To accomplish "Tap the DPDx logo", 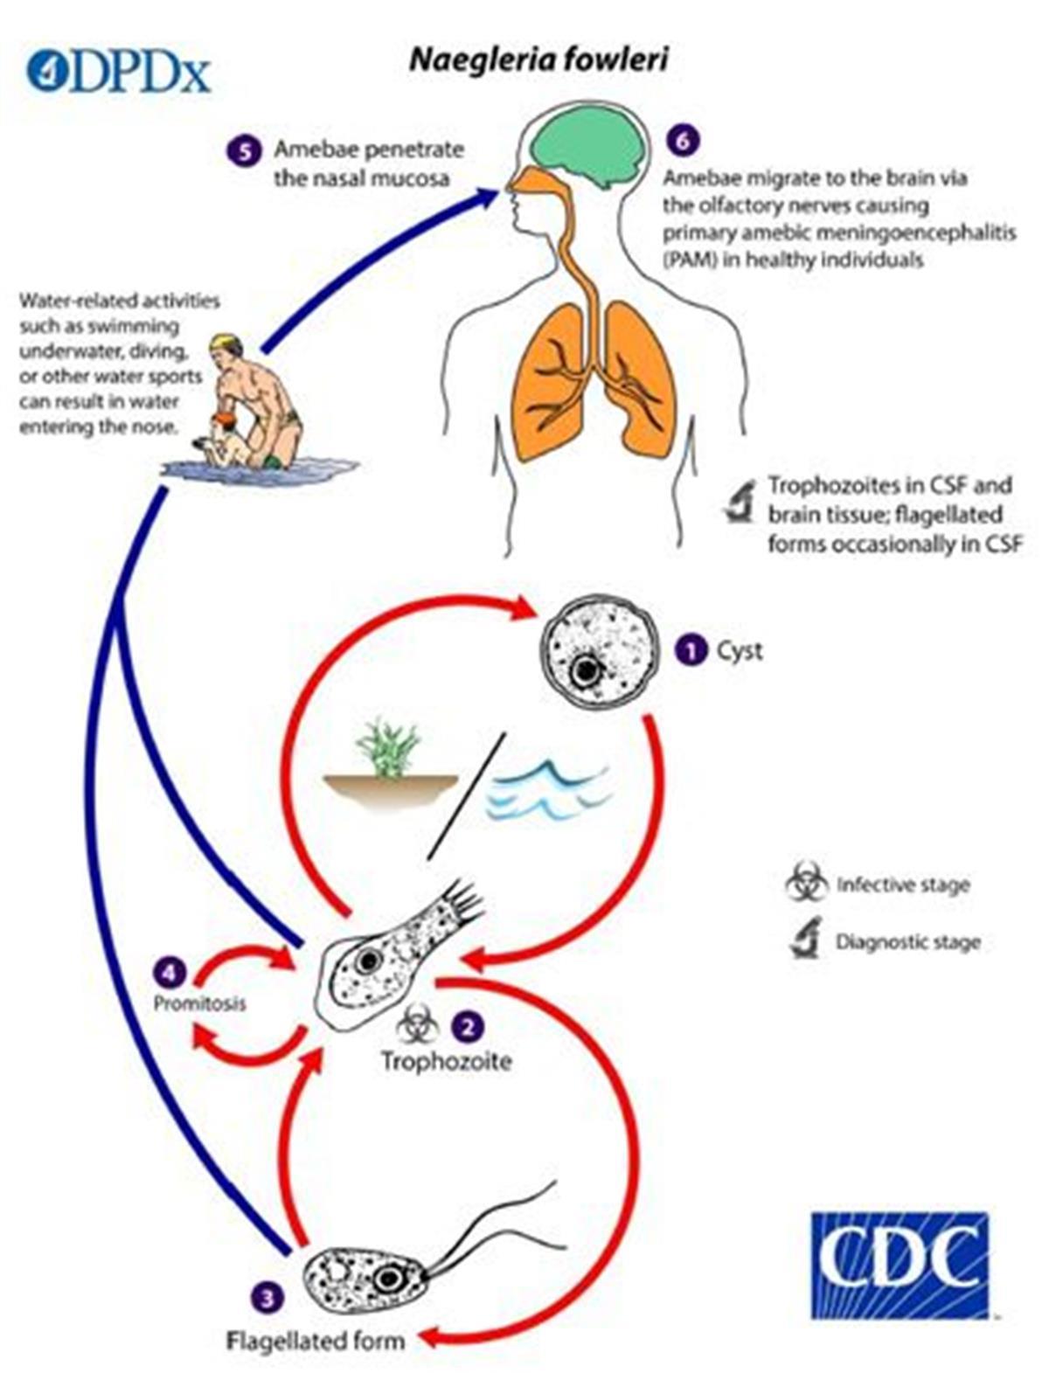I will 119,71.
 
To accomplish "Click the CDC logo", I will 900,1264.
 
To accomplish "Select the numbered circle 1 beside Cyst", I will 691,650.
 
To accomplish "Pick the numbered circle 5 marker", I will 245,150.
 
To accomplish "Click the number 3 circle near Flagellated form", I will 267,1296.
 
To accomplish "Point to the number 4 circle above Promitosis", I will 170,970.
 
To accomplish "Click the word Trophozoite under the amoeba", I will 446,1061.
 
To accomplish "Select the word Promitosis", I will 199,1002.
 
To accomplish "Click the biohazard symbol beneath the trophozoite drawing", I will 417,1025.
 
